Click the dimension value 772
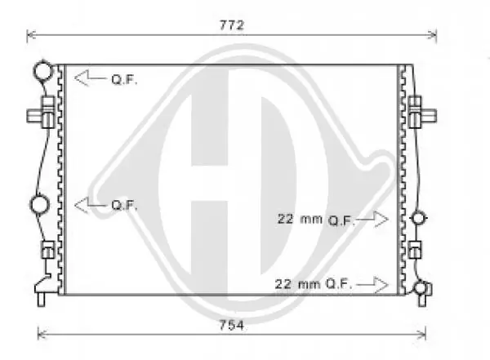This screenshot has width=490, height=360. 232,25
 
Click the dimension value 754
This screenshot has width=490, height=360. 232,326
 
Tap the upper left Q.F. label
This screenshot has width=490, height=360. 124,80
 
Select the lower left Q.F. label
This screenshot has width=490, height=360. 124,206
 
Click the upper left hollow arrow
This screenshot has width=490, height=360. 91,78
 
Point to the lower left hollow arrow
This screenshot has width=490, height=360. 91,205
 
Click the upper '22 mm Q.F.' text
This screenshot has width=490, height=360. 316,220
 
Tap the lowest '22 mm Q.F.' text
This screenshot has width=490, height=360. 314,284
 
